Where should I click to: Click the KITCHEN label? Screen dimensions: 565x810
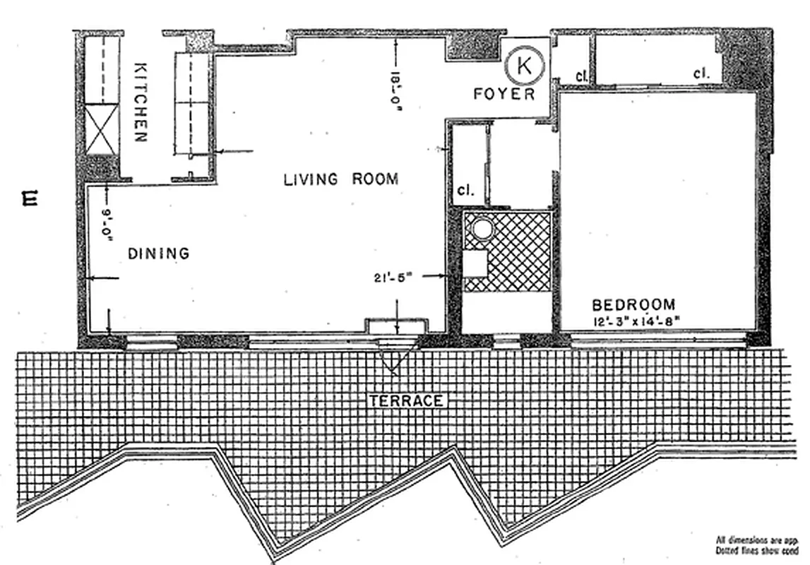coord(141,102)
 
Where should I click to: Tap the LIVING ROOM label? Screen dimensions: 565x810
coord(340,179)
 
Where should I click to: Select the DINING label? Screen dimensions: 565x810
coord(159,253)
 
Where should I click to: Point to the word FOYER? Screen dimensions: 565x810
coord(504,94)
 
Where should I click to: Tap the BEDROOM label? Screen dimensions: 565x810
coord(633,305)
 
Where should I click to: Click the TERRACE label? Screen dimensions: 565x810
coord(406,400)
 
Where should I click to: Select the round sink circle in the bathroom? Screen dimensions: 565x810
coord(482,230)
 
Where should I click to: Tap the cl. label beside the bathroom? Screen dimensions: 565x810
coord(465,191)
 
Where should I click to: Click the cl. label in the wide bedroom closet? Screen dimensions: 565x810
coord(701,73)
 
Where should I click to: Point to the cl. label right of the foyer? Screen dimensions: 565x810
coord(582,76)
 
